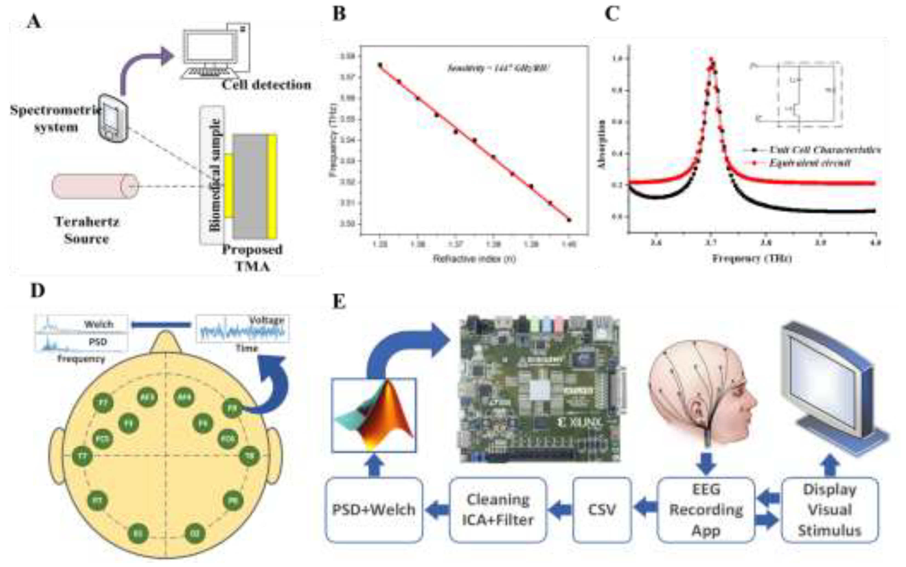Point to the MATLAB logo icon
coord(374,415)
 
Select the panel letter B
coord(339,14)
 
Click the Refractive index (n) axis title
coord(474,259)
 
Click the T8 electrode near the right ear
coord(249,456)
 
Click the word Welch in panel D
coord(99,324)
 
